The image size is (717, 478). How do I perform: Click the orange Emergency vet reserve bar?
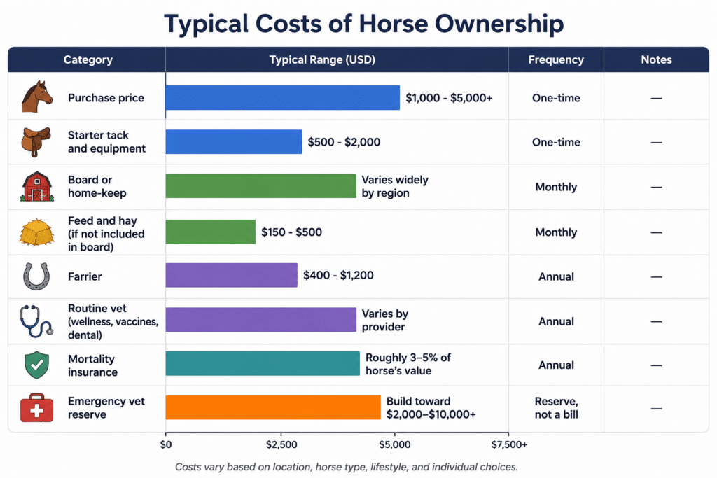pyautogui.click(x=273, y=407)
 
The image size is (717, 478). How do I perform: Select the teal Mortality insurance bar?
pyautogui.click(x=263, y=363)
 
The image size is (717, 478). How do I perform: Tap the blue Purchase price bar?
pyautogui.click(x=283, y=97)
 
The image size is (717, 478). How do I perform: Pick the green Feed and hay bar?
pyautogui.click(x=210, y=232)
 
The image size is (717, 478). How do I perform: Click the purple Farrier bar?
pyautogui.click(x=231, y=275)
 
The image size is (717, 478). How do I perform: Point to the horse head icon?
pyautogui.click(x=37, y=97)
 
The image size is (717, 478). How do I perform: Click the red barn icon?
pyautogui.click(x=37, y=186)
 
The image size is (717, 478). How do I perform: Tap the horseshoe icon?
pyautogui.click(x=36, y=276)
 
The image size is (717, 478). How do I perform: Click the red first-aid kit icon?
pyautogui.click(x=36, y=407)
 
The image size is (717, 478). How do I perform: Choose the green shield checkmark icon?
pyautogui.click(x=36, y=365)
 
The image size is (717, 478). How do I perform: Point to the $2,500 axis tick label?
pyautogui.click(x=281, y=444)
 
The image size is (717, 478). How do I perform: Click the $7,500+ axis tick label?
pyautogui.click(x=510, y=444)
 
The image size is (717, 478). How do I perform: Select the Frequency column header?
pyautogui.click(x=556, y=60)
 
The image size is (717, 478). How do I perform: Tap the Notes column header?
pyautogui.click(x=656, y=60)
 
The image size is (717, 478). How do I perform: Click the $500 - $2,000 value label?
pyautogui.click(x=344, y=142)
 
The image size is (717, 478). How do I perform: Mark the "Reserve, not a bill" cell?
pyautogui.click(x=557, y=407)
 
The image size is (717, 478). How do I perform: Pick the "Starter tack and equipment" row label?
pyautogui.click(x=106, y=141)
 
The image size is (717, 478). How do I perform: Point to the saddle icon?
pyautogui.click(x=36, y=141)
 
